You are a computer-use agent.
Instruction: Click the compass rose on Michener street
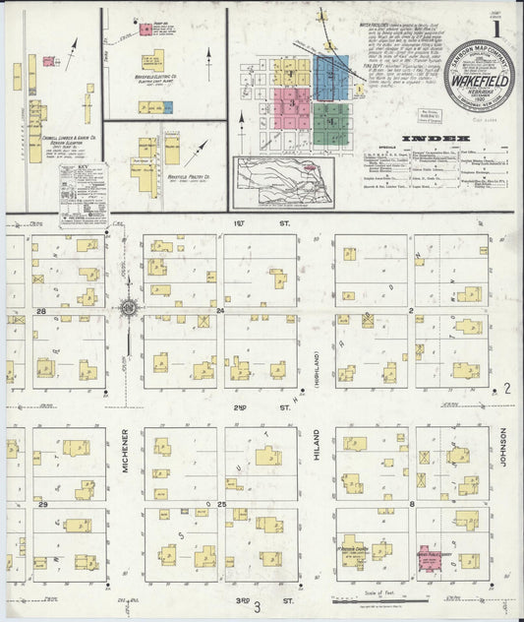[128, 309]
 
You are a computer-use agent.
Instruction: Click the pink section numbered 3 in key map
[292, 102]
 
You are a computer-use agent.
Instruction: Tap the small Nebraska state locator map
[283, 181]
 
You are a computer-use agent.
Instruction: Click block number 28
[41, 310]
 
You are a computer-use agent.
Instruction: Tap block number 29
[41, 505]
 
